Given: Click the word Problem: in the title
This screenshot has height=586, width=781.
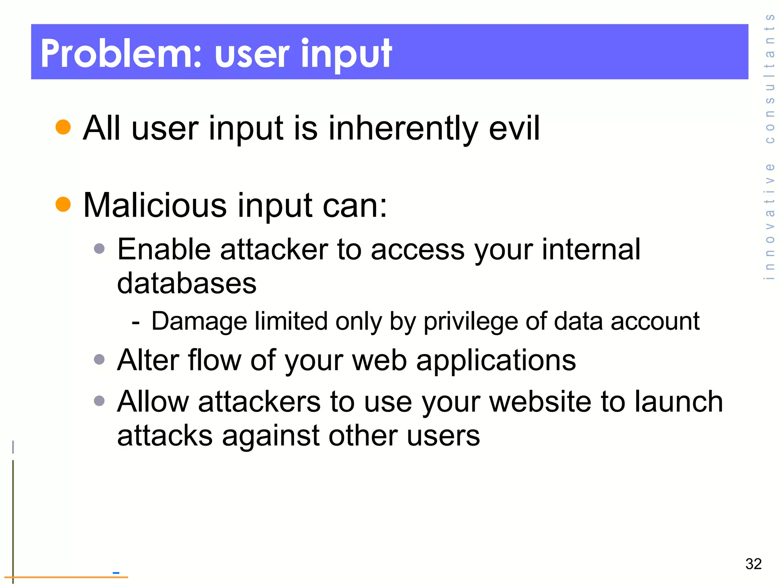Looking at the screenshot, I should pyautogui.click(x=121, y=54).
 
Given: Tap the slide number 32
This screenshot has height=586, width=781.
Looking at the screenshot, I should pyautogui.click(x=753, y=563).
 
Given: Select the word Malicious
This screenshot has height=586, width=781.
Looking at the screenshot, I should pyautogui.click(x=155, y=206).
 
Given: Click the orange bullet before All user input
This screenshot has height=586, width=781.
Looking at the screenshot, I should pyautogui.click(x=63, y=127).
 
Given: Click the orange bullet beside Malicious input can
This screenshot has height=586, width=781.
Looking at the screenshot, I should pyautogui.click(x=63, y=204).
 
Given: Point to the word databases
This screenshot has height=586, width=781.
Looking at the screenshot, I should pyautogui.click(x=186, y=283).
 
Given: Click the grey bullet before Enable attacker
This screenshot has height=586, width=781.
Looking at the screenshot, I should pyautogui.click(x=99, y=249).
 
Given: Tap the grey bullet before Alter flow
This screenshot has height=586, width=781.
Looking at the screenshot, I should pyautogui.click(x=99, y=359).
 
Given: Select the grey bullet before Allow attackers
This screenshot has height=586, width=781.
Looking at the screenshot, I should pyautogui.click(x=99, y=401).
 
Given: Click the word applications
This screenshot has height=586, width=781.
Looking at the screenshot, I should pyautogui.click(x=496, y=361).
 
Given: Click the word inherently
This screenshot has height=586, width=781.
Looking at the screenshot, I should pyautogui.click(x=403, y=129).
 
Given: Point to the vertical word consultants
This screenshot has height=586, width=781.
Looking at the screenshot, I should pyautogui.click(x=770, y=78).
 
